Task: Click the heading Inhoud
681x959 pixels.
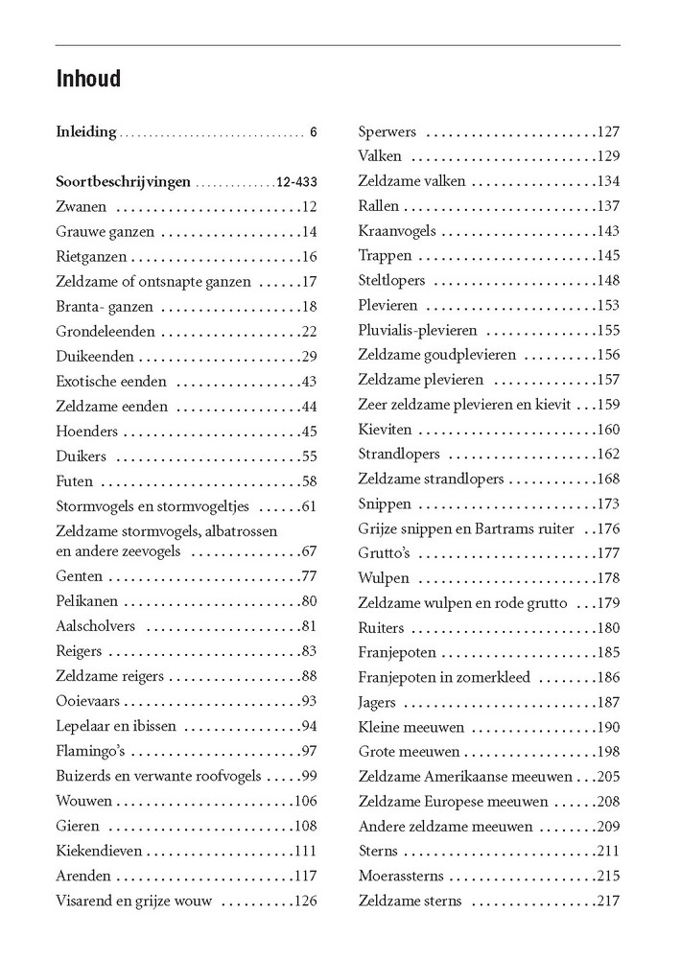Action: point(88,79)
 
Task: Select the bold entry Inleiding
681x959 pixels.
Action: point(86,131)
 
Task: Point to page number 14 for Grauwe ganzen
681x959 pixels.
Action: point(308,231)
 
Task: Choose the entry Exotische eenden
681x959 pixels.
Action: point(112,381)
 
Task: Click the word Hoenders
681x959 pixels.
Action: point(86,431)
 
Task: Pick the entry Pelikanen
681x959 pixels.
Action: point(90,601)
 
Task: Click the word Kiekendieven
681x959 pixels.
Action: point(99,850)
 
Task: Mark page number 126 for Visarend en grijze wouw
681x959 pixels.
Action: point(305,901)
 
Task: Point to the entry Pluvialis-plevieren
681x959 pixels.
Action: point(417,330)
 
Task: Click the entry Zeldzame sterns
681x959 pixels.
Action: point(410,901)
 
